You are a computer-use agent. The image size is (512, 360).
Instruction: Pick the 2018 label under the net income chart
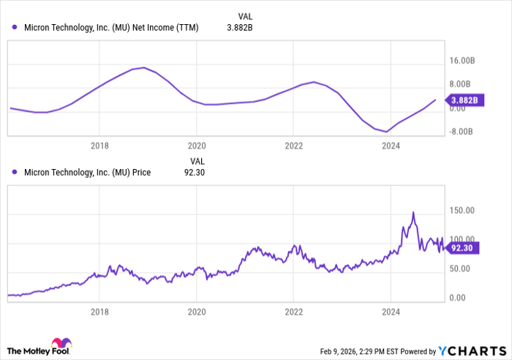click(100, 146)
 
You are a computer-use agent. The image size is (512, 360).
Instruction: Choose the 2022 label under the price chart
click(293, 311)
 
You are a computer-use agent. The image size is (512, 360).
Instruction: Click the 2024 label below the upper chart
click(391, 146)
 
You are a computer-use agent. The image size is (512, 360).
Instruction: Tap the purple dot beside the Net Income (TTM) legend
click(15, 27)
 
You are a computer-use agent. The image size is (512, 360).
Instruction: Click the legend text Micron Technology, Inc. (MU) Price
click(87, 173)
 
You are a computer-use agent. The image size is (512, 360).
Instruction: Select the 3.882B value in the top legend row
click(239, 27)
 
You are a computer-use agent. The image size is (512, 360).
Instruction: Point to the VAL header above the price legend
click(197, 160)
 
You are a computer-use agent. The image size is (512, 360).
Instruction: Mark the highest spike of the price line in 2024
click(413, 213)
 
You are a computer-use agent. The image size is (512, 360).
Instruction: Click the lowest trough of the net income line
click(386, 132)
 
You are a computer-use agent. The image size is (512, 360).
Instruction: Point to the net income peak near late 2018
click(144, 67)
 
